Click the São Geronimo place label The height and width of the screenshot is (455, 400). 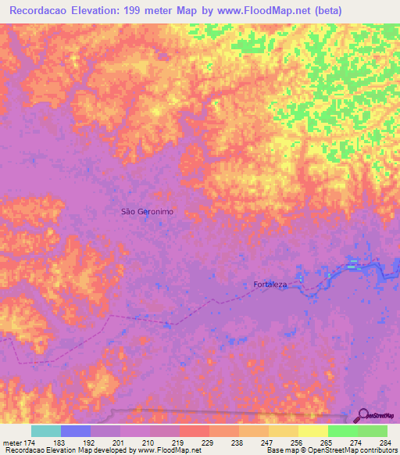tap(147, 211)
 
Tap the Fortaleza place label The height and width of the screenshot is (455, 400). tap(271, 285)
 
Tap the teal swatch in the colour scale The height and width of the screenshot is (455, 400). tap(46, 431)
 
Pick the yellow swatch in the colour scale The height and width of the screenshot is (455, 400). tap(312, 431)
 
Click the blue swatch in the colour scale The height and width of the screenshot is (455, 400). tap(76, 431)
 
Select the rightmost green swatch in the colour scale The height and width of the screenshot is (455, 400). tap(372, 431)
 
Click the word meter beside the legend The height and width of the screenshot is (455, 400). tap(12, 442)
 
